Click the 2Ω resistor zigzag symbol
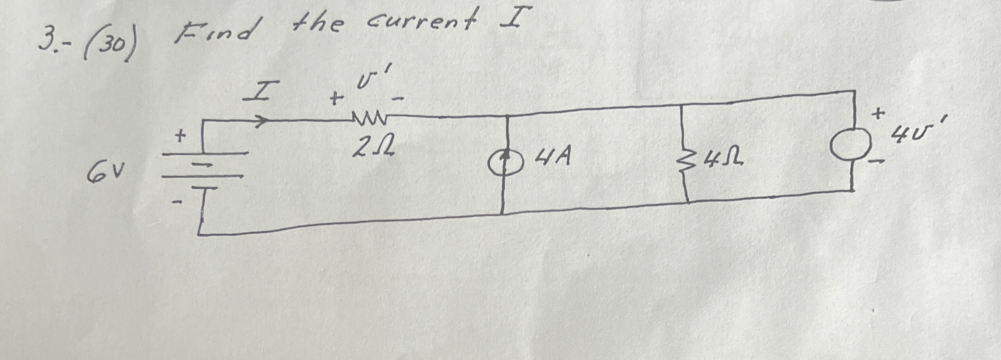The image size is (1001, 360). pyautogui.click(x=369, y=119)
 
